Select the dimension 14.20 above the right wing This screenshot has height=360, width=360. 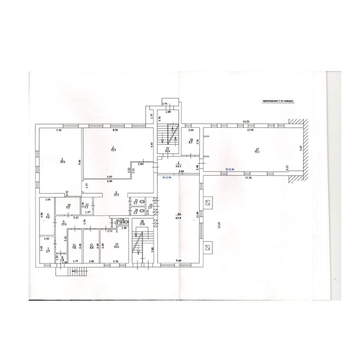245,122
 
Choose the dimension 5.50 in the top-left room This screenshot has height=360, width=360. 59,130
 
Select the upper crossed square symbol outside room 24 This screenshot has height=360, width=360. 208,203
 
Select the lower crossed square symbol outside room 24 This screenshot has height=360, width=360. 208,246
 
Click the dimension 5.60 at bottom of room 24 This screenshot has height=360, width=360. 178,260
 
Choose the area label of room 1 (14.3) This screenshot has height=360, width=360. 179,165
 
